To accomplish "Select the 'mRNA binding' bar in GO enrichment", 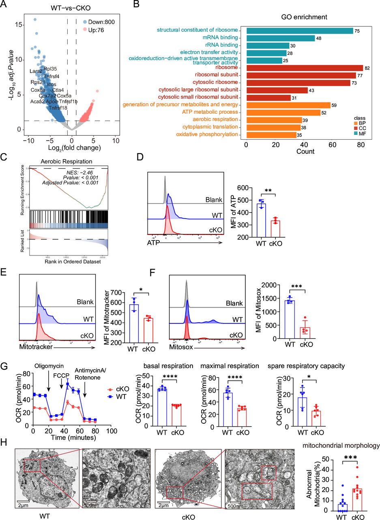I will pos(280,38).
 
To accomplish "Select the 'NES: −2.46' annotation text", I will pos(79,171).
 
